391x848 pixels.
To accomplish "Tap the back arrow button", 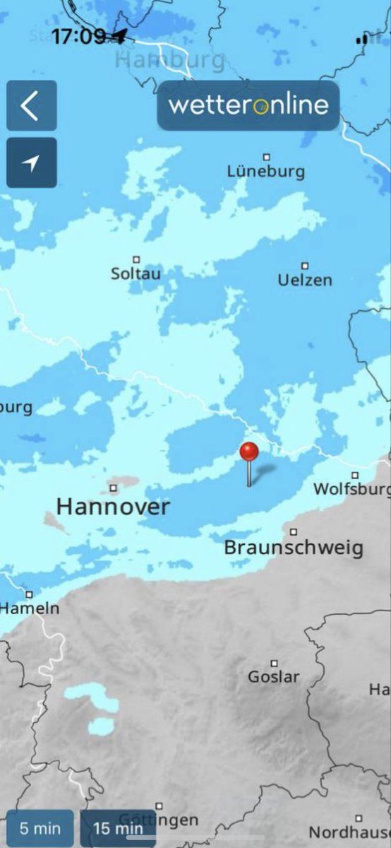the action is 31,106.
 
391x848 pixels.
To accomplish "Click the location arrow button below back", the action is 31,163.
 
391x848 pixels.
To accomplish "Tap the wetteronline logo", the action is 248,105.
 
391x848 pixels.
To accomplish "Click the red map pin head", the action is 249,452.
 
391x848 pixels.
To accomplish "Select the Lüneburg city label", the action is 266,171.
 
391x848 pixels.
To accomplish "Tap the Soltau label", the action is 136,273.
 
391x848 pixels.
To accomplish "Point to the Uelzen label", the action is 304,280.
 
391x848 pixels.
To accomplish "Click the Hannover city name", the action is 113,507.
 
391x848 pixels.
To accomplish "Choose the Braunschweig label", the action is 294,548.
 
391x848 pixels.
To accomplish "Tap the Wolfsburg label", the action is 351,489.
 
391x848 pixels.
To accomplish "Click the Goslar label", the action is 274,677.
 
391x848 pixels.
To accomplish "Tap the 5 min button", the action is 40,828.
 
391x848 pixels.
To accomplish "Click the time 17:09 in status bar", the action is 78,36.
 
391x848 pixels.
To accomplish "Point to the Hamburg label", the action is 169,60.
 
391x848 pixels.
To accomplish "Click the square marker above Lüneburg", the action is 267,157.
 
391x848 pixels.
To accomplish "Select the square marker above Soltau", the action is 136,259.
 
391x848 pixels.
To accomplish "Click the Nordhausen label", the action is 349,832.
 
